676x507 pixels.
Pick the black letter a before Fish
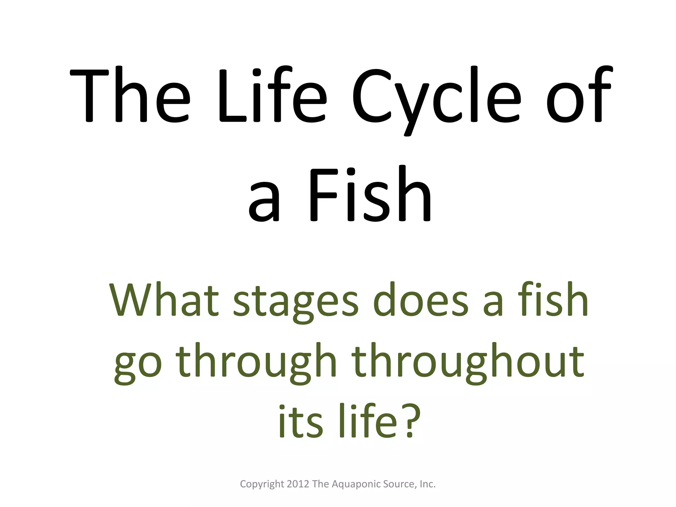click(x=264, y=201)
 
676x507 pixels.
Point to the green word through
click(x=256, y=361)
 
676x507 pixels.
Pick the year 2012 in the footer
click(x=298, y=484)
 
